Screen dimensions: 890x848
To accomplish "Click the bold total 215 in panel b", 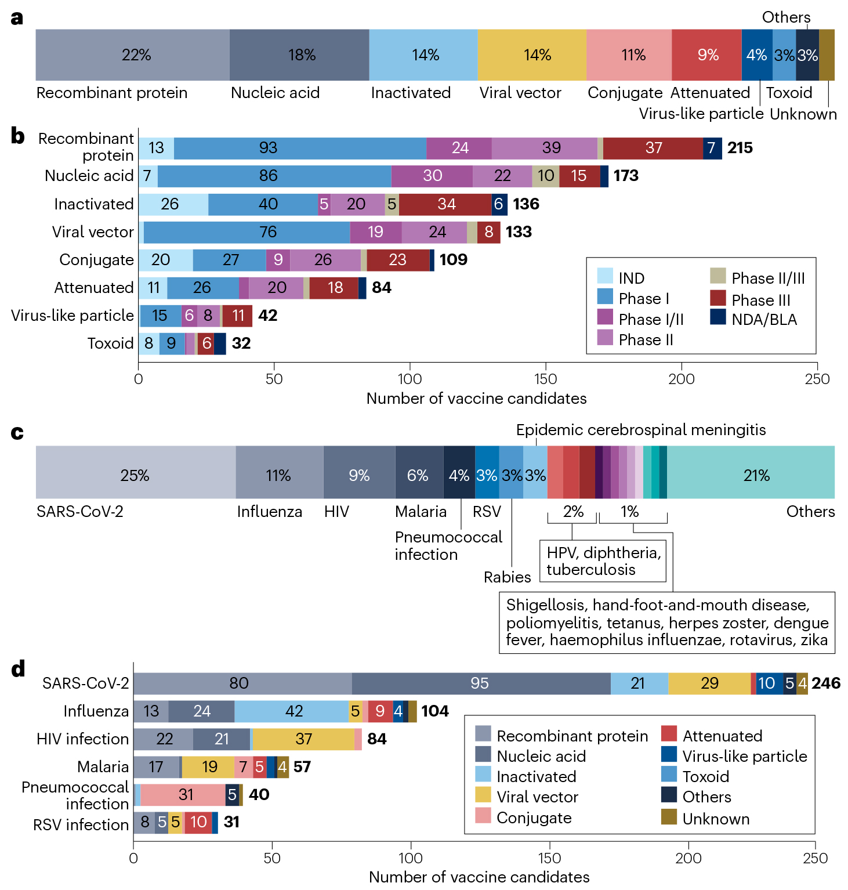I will click(x=740, y=148).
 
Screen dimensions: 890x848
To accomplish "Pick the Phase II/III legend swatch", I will click(x=718, y=276).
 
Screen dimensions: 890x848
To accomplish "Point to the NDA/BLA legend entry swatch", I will click(x=718, y=317).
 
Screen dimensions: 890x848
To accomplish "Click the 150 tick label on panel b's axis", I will click(x=545, y=379).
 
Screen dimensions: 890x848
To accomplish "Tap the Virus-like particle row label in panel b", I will click(x=73, y=316).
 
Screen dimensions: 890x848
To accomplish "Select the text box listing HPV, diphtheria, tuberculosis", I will click(x=603, y=561).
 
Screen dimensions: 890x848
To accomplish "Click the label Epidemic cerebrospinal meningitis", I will click(x=641, y=430).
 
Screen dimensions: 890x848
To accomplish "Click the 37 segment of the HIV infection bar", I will click(x=303, y=739).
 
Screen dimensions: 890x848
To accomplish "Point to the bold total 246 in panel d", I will click(x=826, y=683).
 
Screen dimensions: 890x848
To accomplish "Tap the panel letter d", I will click(x=18, y=670).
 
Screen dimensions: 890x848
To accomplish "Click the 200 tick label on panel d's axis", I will click(x=688, y=858).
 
